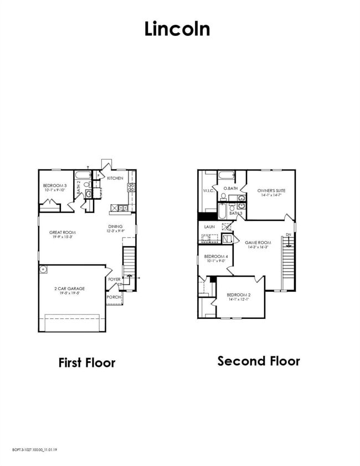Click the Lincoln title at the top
[x=177, y=29]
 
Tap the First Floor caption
[x=87, y=363]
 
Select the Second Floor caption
[x=259, y=361]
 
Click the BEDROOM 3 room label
[x=55, y=185]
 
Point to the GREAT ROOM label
[x=62, y=232]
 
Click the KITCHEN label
[x=115, y=178]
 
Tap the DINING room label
[x=115, y=226]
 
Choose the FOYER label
[x=115, y=279]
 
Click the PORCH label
[x=114, y=297]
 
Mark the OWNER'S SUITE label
[x=271, y=190]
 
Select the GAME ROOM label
[x=258, y=242]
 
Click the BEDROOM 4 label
[x=215, y=256]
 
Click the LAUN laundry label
[x=209, y=226]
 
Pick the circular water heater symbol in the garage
[x=43, y=270]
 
